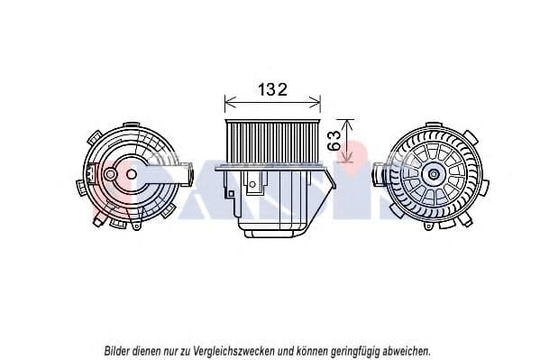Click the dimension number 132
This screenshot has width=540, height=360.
272,89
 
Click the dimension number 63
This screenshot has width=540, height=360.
334,141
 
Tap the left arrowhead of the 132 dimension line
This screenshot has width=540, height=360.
230,103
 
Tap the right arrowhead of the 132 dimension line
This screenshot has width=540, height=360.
316,103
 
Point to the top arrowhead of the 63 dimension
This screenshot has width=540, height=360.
348,125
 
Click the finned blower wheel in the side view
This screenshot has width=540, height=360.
272,142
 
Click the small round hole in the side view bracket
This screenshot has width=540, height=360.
252,184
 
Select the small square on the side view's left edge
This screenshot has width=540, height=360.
231,194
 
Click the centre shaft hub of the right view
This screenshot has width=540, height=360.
434,174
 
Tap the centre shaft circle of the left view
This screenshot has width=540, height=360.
132,174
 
